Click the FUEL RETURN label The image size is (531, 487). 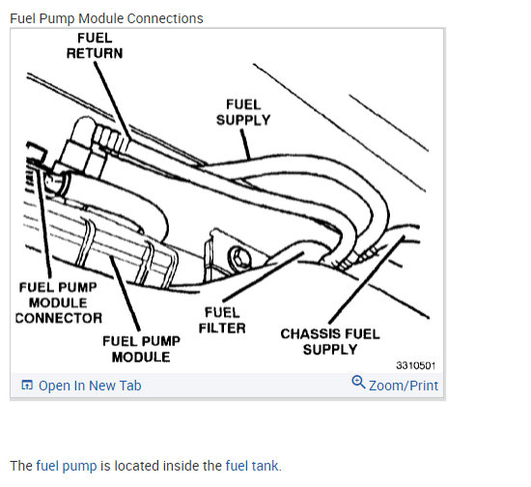click(x=95, y=45)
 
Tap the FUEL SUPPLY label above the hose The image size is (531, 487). click(x=243, y=112)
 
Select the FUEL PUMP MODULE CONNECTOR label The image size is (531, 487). click(x=59, y=302)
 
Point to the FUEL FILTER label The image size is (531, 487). click(x=222, y=320)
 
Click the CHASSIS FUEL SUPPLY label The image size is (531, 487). click(x=330, y=342)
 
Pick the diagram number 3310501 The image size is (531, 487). click(x=415, y=365)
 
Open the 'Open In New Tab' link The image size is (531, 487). click(x=90, y=386)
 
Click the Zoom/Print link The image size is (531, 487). click(x=404, y=386)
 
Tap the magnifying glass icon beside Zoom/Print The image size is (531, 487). click(x=358, y=383)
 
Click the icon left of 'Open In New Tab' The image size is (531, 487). click(x=27, y=385)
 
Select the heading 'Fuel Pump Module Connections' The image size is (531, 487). click(x=106, y=18)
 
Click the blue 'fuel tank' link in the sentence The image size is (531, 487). click(x=253, y=466)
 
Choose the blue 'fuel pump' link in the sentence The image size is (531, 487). click(x=67, y=466)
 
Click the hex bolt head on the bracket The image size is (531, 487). click(x=239, y=259)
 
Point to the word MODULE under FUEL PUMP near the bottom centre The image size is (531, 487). click(x=141, y=357)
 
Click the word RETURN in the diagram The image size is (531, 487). click(x=95, y=53)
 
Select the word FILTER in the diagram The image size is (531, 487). click(x=222, y=329)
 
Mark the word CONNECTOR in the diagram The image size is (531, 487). click(x=59, y=318)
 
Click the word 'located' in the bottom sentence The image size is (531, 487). click(x=137, y=466)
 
